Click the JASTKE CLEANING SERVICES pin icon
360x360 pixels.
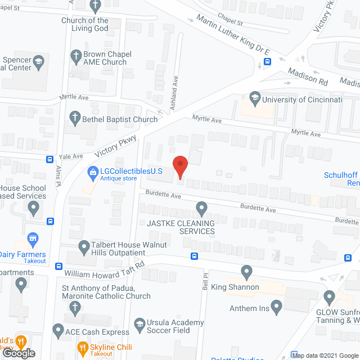(201, 210)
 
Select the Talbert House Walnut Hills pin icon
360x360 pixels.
(84, 246)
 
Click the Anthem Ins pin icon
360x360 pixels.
(276, 307)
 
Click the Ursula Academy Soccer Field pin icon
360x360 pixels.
(141, 325)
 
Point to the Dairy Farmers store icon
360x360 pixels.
(33, 240)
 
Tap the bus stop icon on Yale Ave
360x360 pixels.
(49, 159)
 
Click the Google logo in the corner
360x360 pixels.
(18, 353)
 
